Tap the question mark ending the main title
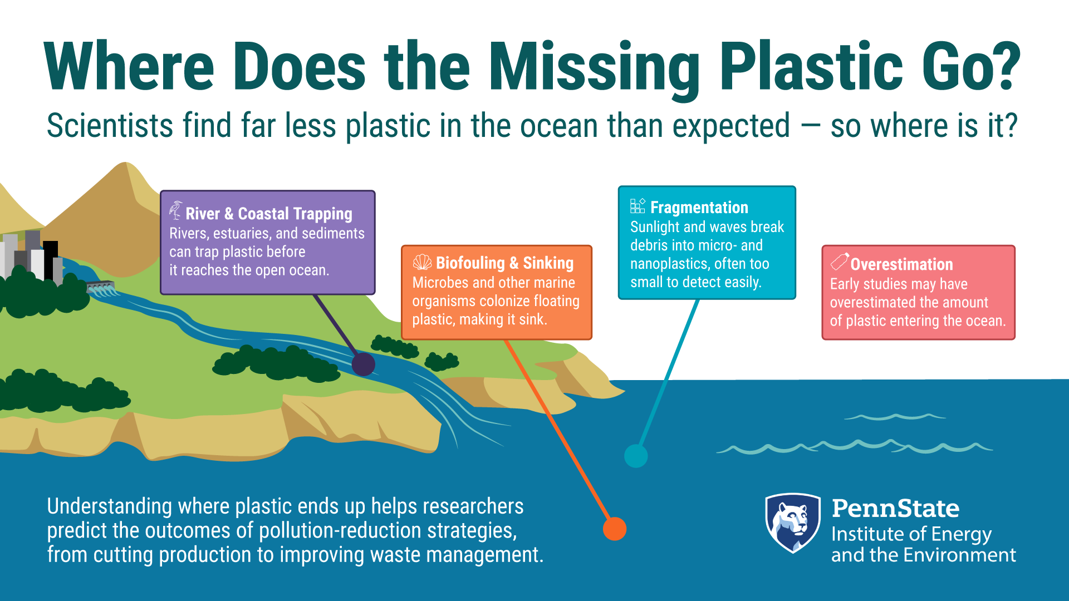[x=1001, y=65]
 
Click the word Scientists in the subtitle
[x=110, y=125]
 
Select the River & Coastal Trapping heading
[x=269, y=214]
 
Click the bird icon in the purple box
[x=175, y=210]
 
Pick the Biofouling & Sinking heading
[x=504, y=263]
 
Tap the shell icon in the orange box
[x=422, y=262]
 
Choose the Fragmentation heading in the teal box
[x=699, y=208]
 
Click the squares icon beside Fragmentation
[x=638, y=206]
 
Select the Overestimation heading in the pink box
[x=902, y=264]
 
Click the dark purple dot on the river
[x=364, y=364]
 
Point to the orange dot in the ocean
[x=615, y=529]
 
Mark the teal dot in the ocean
[x=636, y=456]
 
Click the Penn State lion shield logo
[x=793, y=523]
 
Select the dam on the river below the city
[x=101, y=288]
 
